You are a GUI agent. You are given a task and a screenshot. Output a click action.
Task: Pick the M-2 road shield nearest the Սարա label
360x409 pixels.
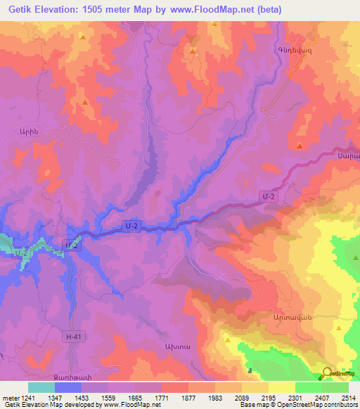click(x=267, y=197)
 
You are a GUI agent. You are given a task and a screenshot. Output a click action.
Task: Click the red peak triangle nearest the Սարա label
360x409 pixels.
click(x=300, y=146)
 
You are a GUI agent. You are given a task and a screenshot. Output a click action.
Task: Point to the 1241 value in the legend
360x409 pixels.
click(x=28, y=398)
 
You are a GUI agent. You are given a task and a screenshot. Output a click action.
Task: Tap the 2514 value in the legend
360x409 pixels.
click(x=347, y=398)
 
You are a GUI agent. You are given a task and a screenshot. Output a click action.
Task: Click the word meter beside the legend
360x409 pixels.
click(x=10, y=398)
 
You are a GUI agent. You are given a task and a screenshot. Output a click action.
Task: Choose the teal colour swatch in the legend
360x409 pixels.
click(x=41, y=387)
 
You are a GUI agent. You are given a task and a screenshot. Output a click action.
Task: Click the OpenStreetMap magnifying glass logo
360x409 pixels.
click(x=326, y=373)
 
